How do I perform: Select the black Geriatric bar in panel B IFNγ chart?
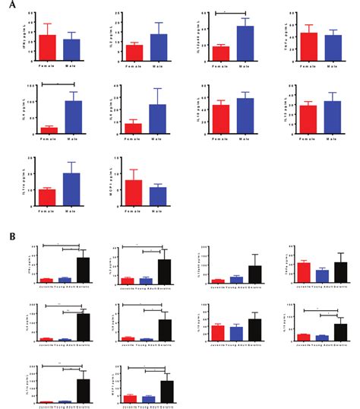(x=83, y=270)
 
